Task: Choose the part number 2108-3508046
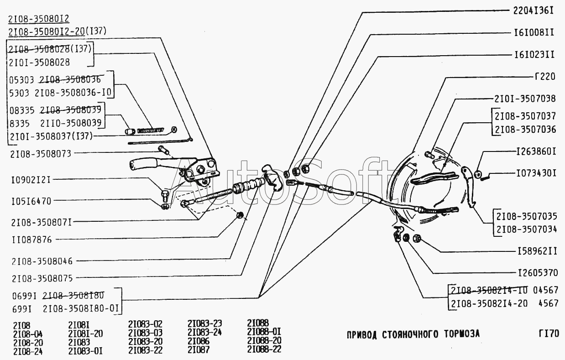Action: pyautogui.click(x=42, y=261)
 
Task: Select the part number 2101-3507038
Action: pyautogui.click(x=525, y=98)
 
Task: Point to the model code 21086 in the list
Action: pyautogui.click(x=199, y=341)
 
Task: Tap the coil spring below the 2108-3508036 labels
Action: pyautogui.click(x=150, y=130)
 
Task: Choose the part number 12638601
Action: pyautogui.click(x=536, y=151)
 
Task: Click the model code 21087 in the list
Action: pyautogui.click(x=199, y=350)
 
